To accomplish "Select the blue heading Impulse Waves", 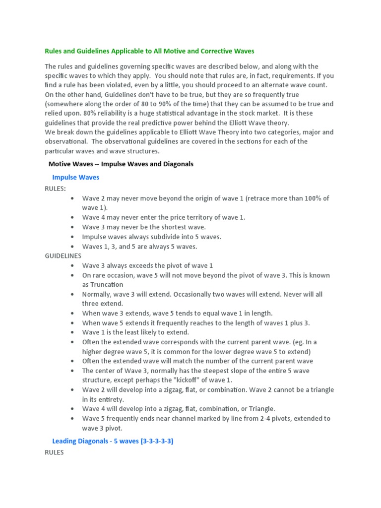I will coord(75,177).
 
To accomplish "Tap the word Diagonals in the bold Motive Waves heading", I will coord(176,164).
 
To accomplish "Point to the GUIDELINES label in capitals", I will coord(63,256).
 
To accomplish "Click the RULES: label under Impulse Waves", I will coord(55,189).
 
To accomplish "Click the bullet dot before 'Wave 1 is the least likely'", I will coord(73,332).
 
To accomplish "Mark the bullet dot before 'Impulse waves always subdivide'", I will coord(73,237).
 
